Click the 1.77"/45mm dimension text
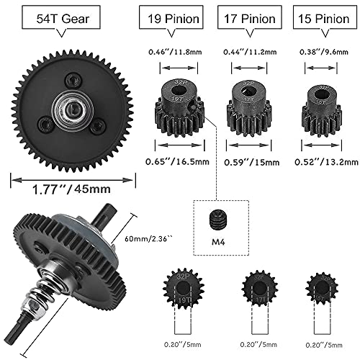(x=73, y=190)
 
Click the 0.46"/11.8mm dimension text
(x=176, y=51)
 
